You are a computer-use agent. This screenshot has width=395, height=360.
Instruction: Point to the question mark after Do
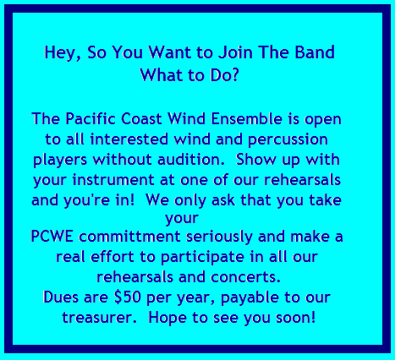click(x=234, y=74)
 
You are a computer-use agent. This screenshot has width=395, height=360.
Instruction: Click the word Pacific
click(x=91, y=118)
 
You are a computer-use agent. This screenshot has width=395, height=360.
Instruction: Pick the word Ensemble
click(x=246, y=118)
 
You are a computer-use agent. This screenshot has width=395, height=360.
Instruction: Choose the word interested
click(x=129, y=139)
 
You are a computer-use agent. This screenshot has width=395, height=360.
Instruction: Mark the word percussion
click(x=288, y=140)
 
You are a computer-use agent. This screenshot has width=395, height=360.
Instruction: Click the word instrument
click(x=113, y=180)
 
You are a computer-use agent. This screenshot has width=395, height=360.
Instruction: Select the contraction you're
click(x=86, y=201)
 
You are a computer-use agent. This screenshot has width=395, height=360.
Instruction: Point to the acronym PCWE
click(x=52, y=236)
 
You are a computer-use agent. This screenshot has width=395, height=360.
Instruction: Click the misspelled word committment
click(x=129, y=236)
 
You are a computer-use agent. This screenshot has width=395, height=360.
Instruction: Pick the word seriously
click(x=219, y=237)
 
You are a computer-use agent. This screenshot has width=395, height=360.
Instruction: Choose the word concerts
click(x=245, y=277)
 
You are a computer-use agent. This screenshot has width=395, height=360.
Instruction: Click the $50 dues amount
click(x=127, y=297)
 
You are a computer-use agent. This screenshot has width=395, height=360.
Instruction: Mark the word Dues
click(x=61, y=297)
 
